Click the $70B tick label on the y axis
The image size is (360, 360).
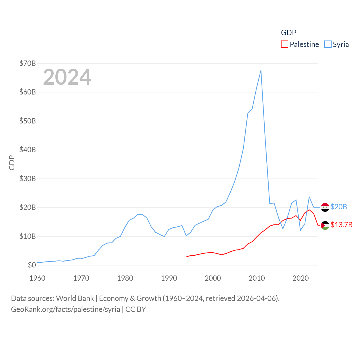pyautogui.click(x=27, y=63)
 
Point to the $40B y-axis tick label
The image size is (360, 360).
pyautogui.click(x=27, y=150)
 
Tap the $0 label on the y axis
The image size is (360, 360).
pyautogui.click(x=32, y=265)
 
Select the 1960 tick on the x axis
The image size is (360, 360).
pyautogui.click(x=37, y=278)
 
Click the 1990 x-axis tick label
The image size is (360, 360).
pyautogui.click(x=169, y=278)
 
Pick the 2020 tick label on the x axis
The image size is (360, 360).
pyautogui.click(x=301, y=278)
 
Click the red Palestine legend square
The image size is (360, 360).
pyautogui.click(x=285, y=44)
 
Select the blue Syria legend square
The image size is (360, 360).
pyautogui.click(x=328, y=44)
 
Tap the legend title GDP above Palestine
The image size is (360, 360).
pyautogui.click(x=289, y=33)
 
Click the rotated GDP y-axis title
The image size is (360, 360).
pyautogui.click(x=12, y=163)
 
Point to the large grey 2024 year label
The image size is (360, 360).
pyautogui.click(x=67, y=77)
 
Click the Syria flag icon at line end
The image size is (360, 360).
pyautogui.click(x=325, y=207)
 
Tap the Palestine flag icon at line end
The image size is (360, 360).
pyautogui.click(x=325, y=225)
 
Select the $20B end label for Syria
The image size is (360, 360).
pyautogui.click(x=339, y=207)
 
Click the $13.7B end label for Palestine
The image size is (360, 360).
pyautogui.click(x=341, y=225)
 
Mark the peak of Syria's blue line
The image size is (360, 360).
pyautogui.click(x=261, y=70)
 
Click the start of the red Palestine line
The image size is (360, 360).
pyautogui.click(x=186, y=257)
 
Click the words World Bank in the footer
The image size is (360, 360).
pyautogui.click(x=75, y=298)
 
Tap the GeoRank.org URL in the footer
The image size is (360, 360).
pyautogui.click(x=66, y=309)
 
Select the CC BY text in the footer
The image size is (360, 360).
pyautogui.click(x=136, y=309)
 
